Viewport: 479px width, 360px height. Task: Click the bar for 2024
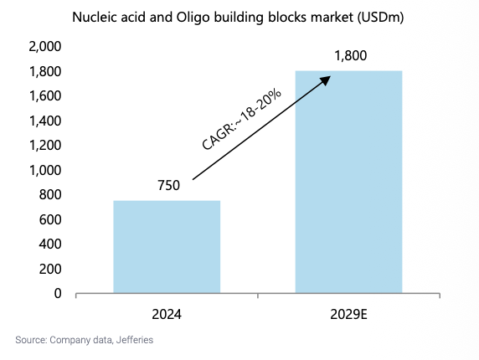(x=167, y=247)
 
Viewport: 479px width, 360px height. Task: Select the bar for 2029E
(x=348, y=182)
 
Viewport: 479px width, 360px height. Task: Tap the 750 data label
(x=168, y=185)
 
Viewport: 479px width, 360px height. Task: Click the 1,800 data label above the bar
(x=350, y=55)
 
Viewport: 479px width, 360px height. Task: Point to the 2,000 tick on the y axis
(x=45, y=46)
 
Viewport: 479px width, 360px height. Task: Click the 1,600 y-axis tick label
(x=45, y=96)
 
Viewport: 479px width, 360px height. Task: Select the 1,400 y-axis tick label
(x=45, y=121)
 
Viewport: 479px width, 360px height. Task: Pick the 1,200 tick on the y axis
(x=45, y=145)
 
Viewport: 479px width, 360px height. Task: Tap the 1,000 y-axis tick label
(x=45, y=170)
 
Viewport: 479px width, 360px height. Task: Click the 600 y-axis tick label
(x=50, y=219)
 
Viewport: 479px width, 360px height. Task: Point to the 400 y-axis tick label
(x=50, y=244)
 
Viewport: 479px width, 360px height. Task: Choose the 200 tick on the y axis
(x=50, y=269)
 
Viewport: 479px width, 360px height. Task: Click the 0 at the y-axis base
(x=58, y=293)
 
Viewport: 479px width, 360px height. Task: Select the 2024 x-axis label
(x=167, y=314)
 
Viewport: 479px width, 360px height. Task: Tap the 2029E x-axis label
(x=348, y=314)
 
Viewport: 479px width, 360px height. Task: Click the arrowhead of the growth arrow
(x=326, y=80)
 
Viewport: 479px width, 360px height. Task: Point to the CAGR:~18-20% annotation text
(x=241, y=119)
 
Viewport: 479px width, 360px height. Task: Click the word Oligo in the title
(x=193, y=18)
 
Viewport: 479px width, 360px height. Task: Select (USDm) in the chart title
(x=381, y=18)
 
